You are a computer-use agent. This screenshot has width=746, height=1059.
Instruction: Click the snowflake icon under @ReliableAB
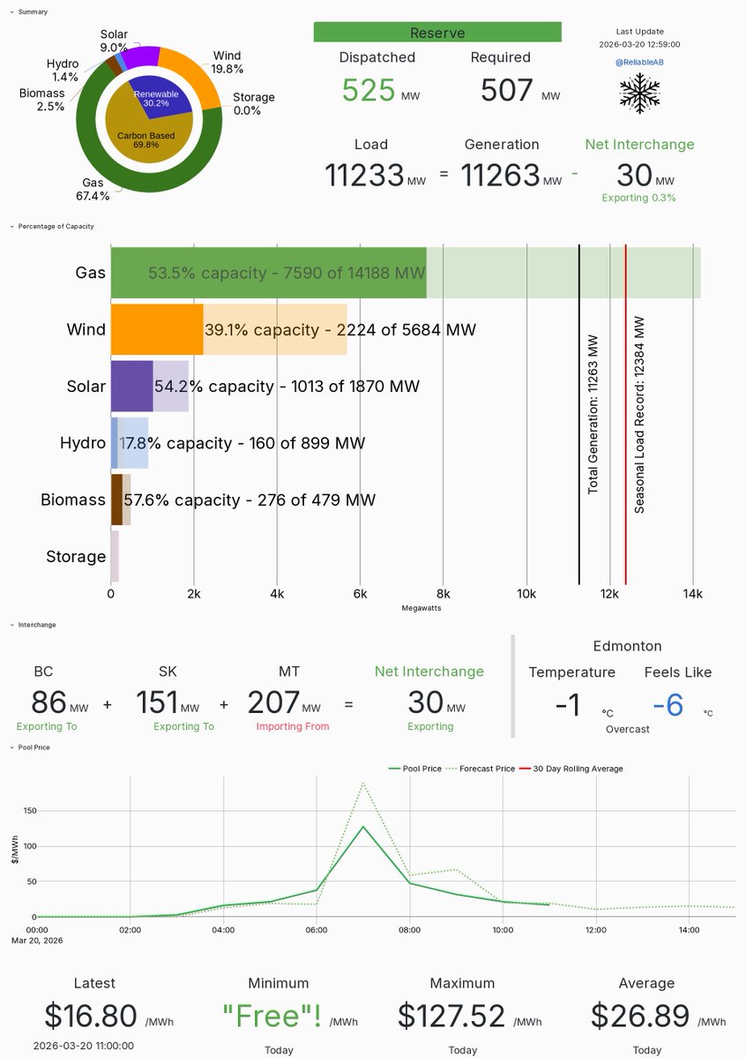[x=640, y=91]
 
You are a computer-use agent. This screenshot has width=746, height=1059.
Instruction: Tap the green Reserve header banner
[x=437, y=32]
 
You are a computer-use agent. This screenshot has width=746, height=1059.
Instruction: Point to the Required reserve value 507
[x=507, y=91]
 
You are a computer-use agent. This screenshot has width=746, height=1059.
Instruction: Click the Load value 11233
[x=364, y=176]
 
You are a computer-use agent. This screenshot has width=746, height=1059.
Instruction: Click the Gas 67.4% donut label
[x=91, y=189]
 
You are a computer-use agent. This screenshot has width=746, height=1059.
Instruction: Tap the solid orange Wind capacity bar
[x=157, y=329]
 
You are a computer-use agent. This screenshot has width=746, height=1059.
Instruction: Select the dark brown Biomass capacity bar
[x=116, y=499]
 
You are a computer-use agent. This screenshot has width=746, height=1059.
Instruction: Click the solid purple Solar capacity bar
[x=131, y=386]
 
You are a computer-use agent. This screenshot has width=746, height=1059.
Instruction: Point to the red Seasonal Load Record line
[x=625, y=415]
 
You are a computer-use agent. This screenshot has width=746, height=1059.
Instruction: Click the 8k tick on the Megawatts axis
[x=444, y=594]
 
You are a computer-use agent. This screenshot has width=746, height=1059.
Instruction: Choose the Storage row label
[x=76, y=556]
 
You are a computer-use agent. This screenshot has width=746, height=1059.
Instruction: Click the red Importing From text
[x=293, y=726]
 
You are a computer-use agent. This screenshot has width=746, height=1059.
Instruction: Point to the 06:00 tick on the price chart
[x=317, y=929]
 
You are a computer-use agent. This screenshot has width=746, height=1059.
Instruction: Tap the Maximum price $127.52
[x=451, y=1016]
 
